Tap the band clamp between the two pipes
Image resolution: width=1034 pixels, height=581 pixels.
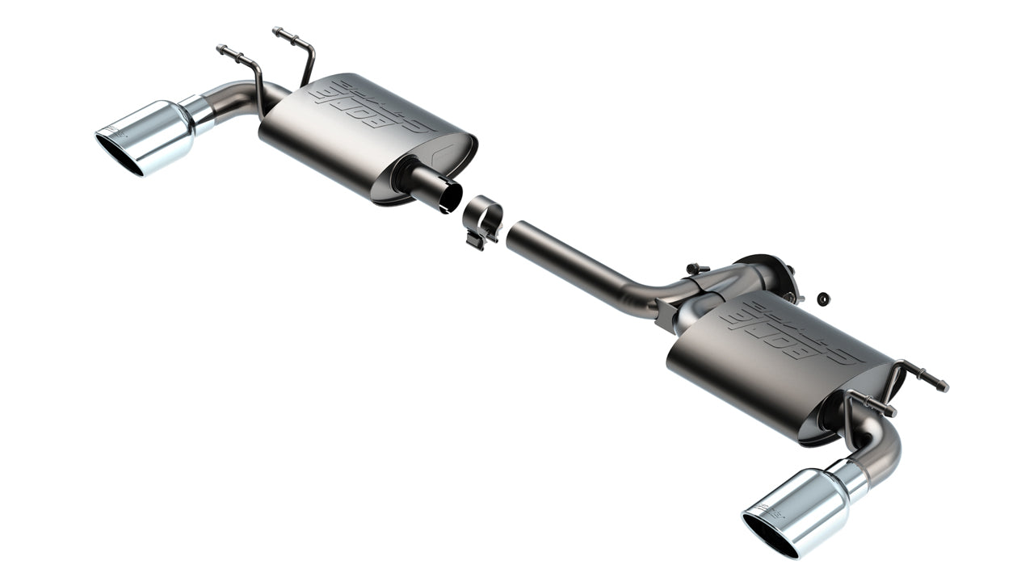[x=483, y=217]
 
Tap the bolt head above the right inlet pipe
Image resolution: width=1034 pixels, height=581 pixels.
[x=693, y=268]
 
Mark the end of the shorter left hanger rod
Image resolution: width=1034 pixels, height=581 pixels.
[x=221, y=48]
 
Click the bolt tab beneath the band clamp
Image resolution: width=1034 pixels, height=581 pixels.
[x=477, y=240]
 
